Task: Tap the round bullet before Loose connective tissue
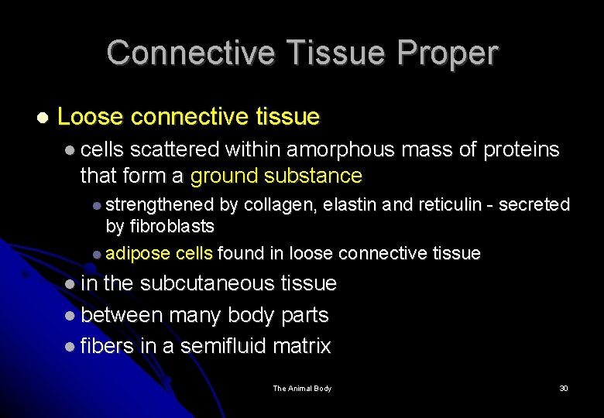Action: pyautogui.click(x=42, y=118)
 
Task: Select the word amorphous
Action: pyautogui.click(x=340, y=149)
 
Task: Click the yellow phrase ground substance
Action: pyautogui.click(x=276, y=176)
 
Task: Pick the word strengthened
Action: pyautogui.click(x=160, y=205)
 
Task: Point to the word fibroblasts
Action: pyautogui.click(x=170, y=226)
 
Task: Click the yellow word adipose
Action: pyautogui.click(x=138, y=253)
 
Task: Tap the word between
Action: pyautogui.click(x=122, y=315)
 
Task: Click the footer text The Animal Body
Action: pyautogui.click(x=302, y=389)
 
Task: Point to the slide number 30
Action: pyautogui.click(x=564, y=389)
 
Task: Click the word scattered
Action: pyautogui.click(x=174, y=149)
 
